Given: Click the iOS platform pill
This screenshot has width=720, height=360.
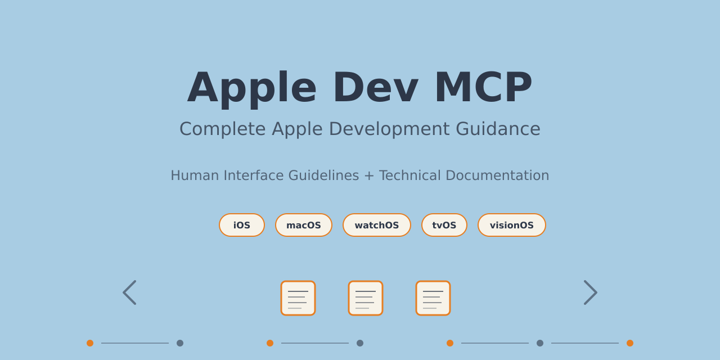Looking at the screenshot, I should pos(242,225).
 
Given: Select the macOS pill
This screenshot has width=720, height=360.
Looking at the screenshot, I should pos(304,225).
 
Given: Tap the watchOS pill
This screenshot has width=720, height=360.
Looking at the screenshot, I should pos(377,225).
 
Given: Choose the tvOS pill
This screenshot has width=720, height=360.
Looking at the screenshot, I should pos(444,225).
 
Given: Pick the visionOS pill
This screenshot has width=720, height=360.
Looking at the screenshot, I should pos(512,225).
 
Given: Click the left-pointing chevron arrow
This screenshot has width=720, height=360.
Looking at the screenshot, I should pos(129,292).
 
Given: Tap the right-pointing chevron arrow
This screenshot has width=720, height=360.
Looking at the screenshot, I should pos(591,292).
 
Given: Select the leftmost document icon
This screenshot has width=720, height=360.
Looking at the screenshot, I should pos(298,298).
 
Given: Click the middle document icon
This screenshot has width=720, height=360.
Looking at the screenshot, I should pos(366,298).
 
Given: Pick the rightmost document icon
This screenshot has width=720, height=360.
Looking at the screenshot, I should pos(433,298).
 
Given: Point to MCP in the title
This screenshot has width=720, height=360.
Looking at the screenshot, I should pos(483,87).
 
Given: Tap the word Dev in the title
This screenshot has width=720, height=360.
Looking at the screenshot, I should pos(375,87).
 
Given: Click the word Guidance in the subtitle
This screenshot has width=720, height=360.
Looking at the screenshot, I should pos(498,129).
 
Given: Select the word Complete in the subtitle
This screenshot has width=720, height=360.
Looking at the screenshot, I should pos(223,129).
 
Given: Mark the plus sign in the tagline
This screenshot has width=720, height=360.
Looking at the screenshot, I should pos(369,175).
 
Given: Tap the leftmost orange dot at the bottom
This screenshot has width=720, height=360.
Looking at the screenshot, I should pos(90,343).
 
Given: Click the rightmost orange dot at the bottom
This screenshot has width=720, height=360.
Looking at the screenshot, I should pos(630,343).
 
